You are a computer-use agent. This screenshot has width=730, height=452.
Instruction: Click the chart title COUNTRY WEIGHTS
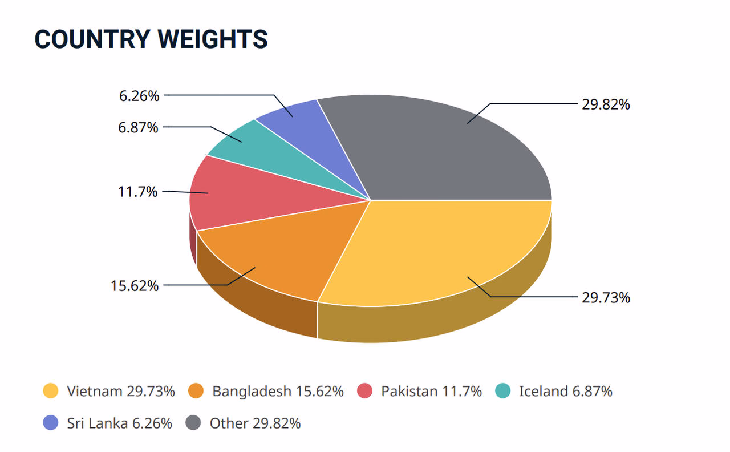coord(151,39)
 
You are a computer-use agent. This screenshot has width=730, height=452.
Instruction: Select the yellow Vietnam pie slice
coord(445,251)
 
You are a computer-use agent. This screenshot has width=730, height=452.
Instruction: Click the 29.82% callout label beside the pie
coord(606,104)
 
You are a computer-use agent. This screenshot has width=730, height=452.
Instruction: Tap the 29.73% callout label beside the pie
coord(606,297)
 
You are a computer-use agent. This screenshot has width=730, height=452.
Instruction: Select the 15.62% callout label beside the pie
coord(134,285)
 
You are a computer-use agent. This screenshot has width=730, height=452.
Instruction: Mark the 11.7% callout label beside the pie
coord(137,192)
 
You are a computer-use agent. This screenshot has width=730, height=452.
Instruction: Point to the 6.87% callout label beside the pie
coord(137,127)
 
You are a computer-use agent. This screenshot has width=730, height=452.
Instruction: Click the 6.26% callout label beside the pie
coord(139,96)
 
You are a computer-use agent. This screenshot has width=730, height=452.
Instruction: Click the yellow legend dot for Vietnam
coord(51,391)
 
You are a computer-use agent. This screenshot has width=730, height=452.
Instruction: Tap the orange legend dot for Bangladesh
coord(196,391)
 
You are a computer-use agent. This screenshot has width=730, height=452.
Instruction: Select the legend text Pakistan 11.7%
coord(431,391)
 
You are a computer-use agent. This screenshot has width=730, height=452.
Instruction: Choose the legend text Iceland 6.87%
coord(565,391)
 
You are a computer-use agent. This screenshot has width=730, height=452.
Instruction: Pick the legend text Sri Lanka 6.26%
coord(119,423)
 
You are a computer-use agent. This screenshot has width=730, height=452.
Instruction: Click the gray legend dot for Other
coord(194,423)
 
